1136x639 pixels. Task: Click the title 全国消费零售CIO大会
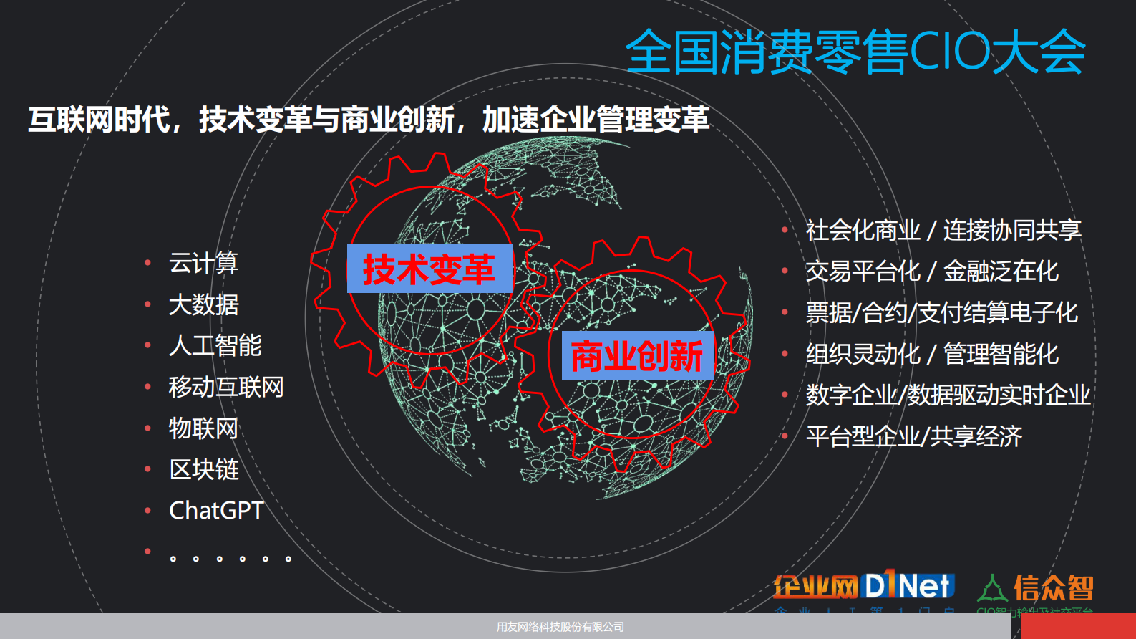(x=855, y=52)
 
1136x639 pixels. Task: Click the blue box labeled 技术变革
(x=429, y=269)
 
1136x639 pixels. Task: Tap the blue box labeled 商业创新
(x=637, y=355)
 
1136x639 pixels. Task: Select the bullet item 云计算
(x=203, y=263)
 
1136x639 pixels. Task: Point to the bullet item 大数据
(x=203, y=304)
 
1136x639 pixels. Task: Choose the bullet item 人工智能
(x=215, y=345)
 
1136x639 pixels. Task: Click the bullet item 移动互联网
(x=226, y=387)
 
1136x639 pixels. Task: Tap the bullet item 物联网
(x=203, y=428)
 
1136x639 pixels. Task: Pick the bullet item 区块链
(x=203, y=469)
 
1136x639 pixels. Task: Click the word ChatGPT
(x=216, y=510)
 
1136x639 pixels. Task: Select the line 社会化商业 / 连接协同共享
(x=943, y=230)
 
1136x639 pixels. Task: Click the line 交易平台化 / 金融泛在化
(x=931, y=272)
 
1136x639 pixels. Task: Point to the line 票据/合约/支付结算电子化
(x=941, y=312)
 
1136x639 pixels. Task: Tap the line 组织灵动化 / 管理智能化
(x=931, y=354)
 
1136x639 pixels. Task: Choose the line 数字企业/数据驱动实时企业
(x=948, y=395)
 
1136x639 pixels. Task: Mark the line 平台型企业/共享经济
(x=913, y=436)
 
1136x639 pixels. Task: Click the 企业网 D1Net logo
(x=863, y=587)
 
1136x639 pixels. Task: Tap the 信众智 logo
(x=1036, y=589)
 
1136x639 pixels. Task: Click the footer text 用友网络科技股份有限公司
(x=560, y=627)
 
